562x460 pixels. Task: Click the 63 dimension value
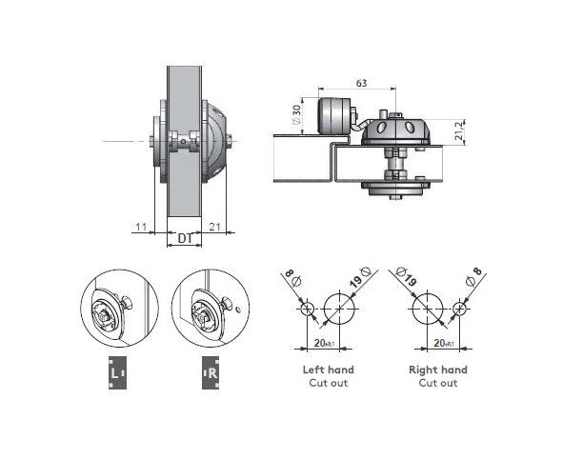pyautogui.click(x=361, y=83)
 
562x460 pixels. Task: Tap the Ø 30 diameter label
pyautogui.click(x=297, y=114)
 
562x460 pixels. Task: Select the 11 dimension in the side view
pyautogui.click(x=142, y=227)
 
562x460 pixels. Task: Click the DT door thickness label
pyautogui.click(x=186, y=238)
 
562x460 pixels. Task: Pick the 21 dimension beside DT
pyautogui.click(x=214, y=227)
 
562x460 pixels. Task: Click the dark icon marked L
pyautogui.click(x=117, y=372)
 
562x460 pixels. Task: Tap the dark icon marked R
pyautogui.click(x=211, y=372)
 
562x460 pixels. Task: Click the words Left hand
pyautogui.click(x=329, y=370)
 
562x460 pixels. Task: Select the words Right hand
pyautogui.click(x=438, y=370)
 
